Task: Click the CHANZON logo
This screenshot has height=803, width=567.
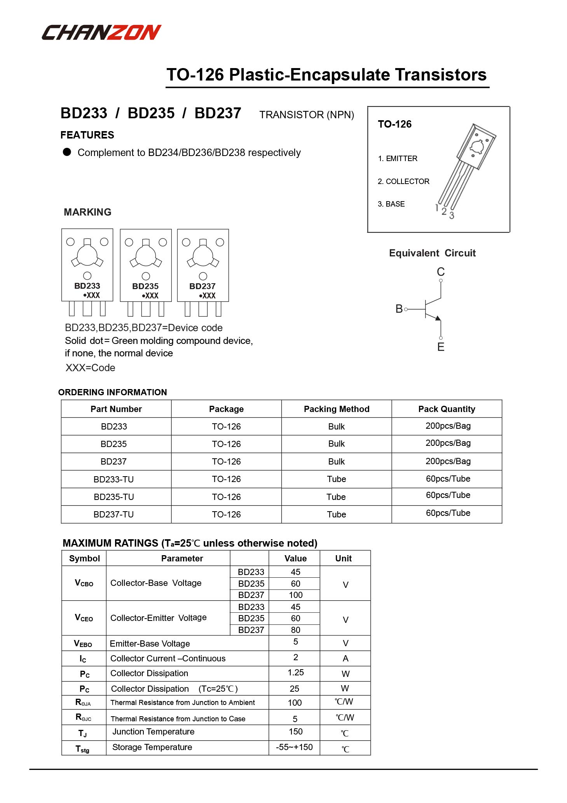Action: point(101,32)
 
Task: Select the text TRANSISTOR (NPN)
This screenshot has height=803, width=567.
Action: point(307,115)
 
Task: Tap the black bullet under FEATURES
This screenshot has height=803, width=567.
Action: point(67,152)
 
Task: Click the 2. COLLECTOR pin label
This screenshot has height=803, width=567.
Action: point(403,181)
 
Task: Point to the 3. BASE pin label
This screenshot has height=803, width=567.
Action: point(391,204)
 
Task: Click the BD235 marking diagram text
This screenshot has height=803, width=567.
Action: point(145,286)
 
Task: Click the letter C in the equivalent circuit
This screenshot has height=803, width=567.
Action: point(440,272)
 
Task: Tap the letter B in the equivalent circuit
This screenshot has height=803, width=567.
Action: point(399,309)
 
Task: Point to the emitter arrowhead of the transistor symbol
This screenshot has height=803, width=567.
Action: point(438,318)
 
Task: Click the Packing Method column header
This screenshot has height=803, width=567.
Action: point(336,409)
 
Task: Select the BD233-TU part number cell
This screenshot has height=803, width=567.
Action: point(113,479)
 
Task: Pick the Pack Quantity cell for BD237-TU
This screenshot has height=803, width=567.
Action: point(448,513)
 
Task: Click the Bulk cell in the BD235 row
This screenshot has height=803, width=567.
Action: point(336,444)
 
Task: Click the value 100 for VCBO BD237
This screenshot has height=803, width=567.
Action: point(295,595)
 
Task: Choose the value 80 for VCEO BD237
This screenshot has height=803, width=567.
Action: point(295,630)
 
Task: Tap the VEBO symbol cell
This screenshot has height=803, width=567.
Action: point(83,643)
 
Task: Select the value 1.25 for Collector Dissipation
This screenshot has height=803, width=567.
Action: point(295,673)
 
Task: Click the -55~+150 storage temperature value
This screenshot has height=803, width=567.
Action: point(294,747)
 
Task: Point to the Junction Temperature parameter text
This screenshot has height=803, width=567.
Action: point(153,731)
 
